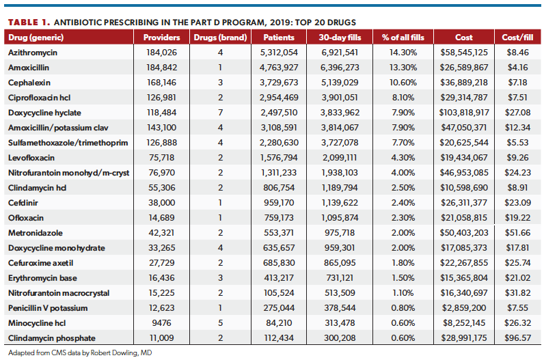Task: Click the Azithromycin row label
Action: (31, 52)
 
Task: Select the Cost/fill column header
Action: (517, 38)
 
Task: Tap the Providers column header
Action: (162, 38)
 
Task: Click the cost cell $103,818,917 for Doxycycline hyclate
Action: (463, 113)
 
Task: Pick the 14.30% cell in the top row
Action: (403, 52)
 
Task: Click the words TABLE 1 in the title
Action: (31, 22)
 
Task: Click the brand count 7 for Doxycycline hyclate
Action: (220, 113)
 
